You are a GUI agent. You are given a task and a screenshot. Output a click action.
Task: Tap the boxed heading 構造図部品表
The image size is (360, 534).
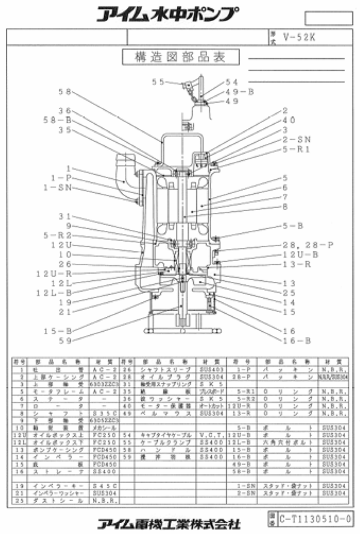tap(180, 57)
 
